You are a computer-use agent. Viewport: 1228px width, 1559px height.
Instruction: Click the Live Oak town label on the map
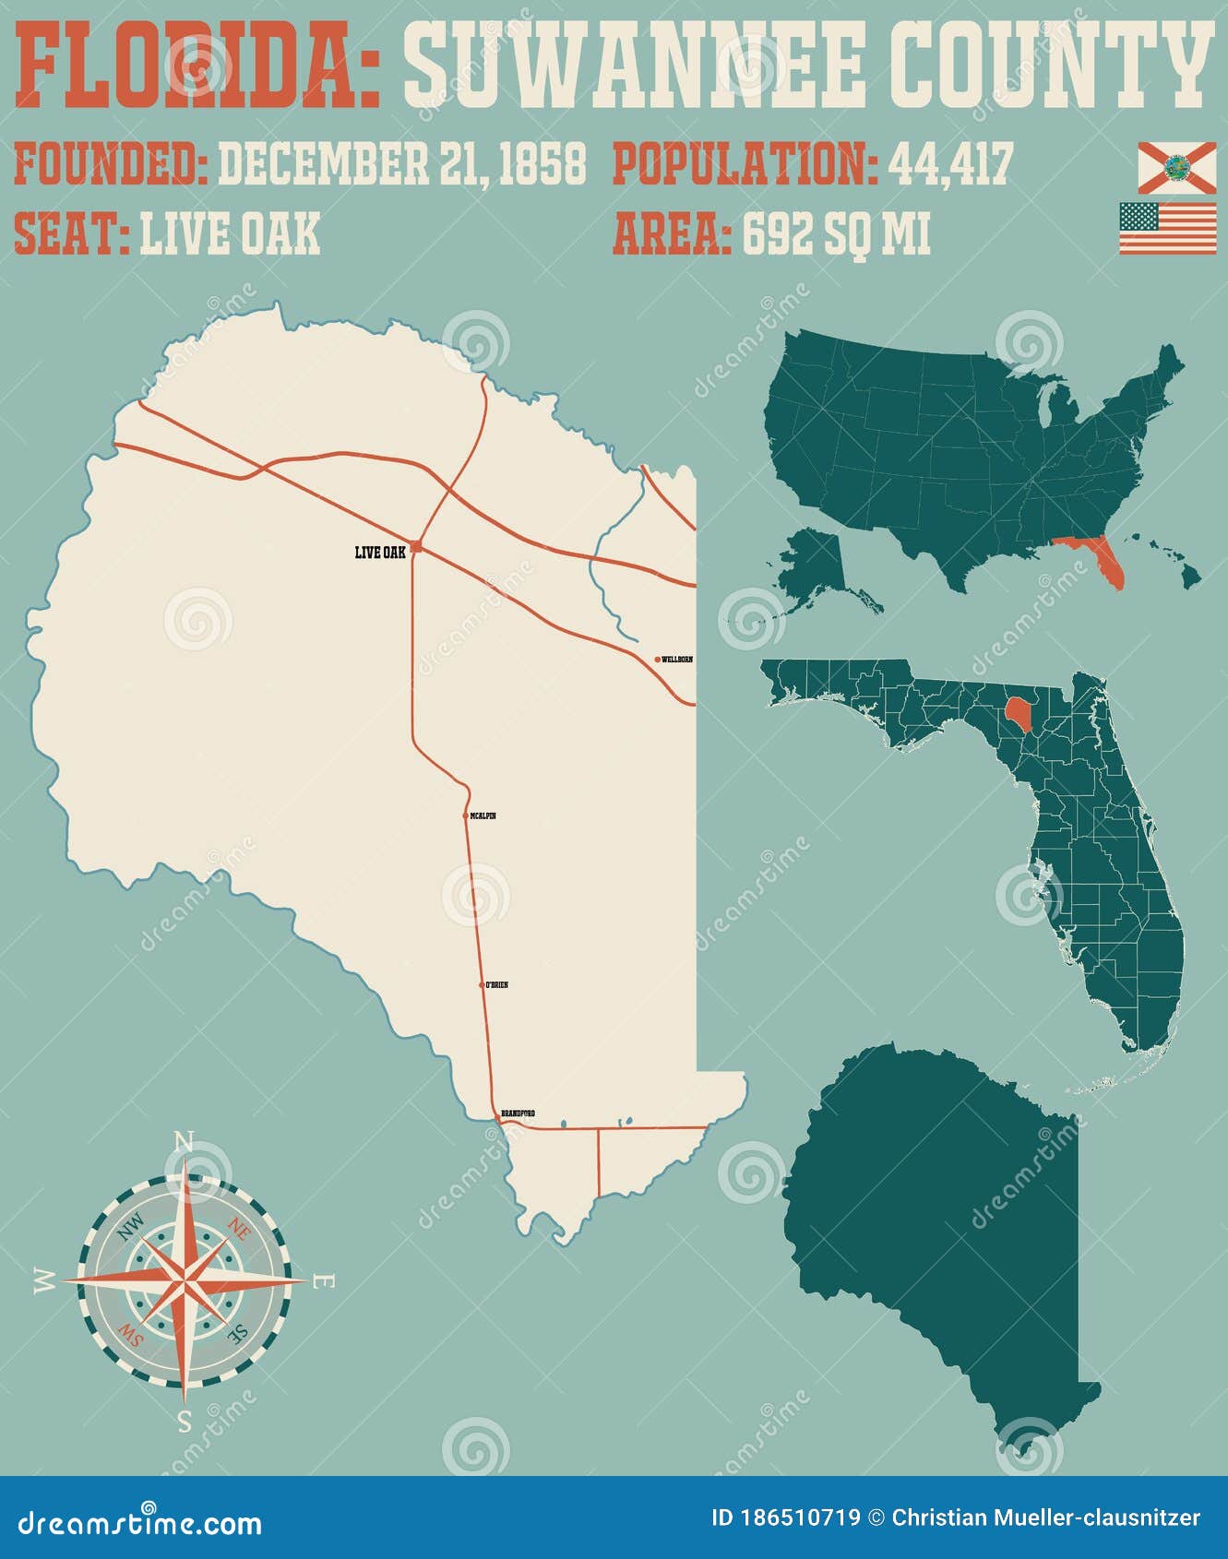tap(379, 553)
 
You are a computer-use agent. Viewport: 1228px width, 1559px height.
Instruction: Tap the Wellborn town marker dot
tap(657, 660)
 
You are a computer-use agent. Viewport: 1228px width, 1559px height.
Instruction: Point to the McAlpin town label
tap(483, 816)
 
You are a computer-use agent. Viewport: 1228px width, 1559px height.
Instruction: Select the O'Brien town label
tap(496, 985)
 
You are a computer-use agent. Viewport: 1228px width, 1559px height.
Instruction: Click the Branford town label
tap(518, 1114)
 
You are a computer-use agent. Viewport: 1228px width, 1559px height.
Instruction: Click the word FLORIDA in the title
tap(197, 66)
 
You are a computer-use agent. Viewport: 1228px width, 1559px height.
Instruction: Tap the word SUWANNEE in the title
tap(634, 66)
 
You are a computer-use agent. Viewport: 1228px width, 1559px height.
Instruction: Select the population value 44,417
tap(950, 164)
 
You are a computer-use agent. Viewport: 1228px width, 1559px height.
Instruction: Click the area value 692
tap(778, 234)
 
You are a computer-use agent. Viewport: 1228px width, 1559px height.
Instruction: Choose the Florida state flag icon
tap(1176, 168)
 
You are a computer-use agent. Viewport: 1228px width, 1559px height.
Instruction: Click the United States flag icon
tap(1168, 228)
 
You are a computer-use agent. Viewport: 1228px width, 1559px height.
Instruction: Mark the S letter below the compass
tap(185, 1422)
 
